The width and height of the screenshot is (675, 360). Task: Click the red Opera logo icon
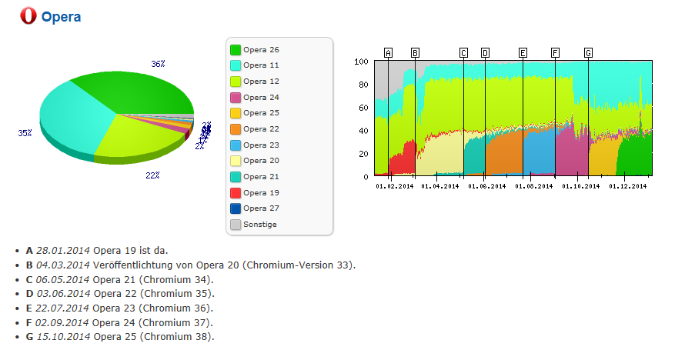click(30, 16)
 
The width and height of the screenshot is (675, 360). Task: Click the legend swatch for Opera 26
click(236, 50)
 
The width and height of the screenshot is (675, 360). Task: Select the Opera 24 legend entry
click(261, 98)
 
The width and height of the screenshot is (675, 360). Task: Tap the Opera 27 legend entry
click(261, 208)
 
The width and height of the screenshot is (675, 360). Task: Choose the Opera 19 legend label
click(261, 192)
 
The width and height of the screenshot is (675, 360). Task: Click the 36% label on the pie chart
click(158, 65)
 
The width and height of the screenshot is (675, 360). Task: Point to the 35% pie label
click(25, 133)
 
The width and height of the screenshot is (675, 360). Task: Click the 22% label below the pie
click(152, 175)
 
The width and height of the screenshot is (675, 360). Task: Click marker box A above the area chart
click(388, 53)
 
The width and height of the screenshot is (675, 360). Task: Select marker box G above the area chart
click(588, 53)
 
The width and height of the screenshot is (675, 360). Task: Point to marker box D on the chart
click(485, 53)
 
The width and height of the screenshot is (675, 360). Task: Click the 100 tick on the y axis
click(361, 62)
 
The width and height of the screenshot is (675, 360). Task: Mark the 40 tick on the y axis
click(363, 131)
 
